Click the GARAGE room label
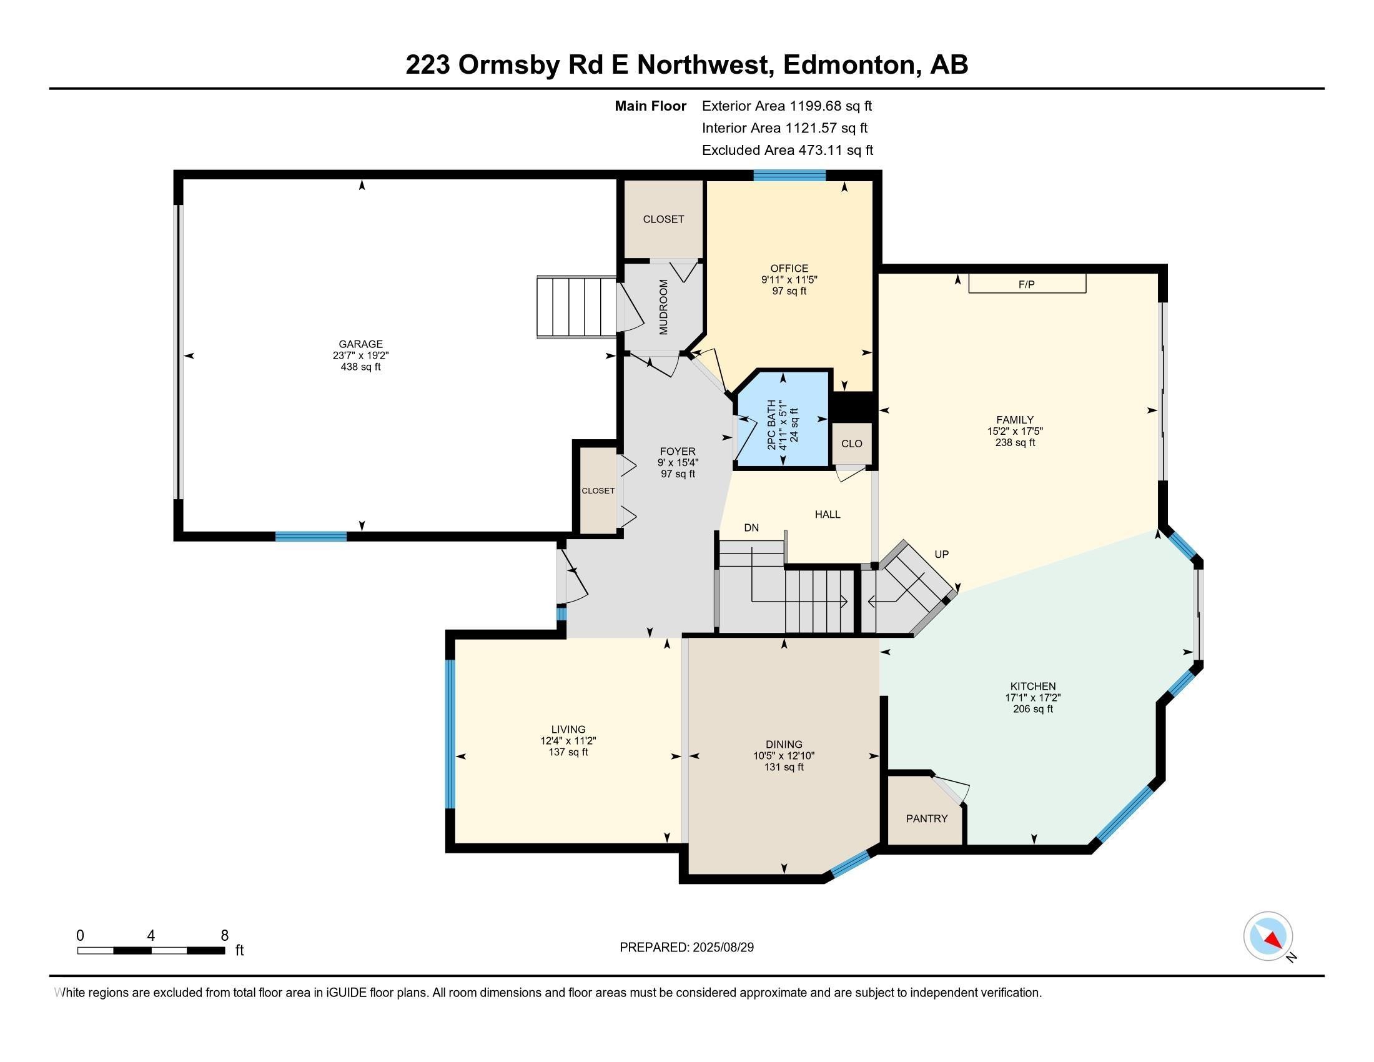click(x=360, y=344)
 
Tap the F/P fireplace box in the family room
click(x=1027, y=284)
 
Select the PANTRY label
click(x=926, y=818)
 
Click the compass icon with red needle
click(x=1268, y=936)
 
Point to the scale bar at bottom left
click(x=151, y=950)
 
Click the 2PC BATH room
click(x=783, y=420)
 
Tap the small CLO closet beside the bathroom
click(x=852, y=444)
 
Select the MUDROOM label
click(x=663, y=307)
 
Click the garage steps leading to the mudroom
click(x=576, y=307)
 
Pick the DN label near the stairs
click(x=751, y=528)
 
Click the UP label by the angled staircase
click(x=941, y=554)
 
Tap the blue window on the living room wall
click(x=450, y=733)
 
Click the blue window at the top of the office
click(x=789, y=176)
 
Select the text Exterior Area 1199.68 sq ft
click(x=786, y=106)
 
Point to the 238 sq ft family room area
click(x=1015, y=442)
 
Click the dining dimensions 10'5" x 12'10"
click(x=784, y=756)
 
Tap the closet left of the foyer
click(x=598, y=490)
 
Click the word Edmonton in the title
click(x=849, y=65)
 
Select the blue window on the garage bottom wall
click(x=311, y=536)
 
